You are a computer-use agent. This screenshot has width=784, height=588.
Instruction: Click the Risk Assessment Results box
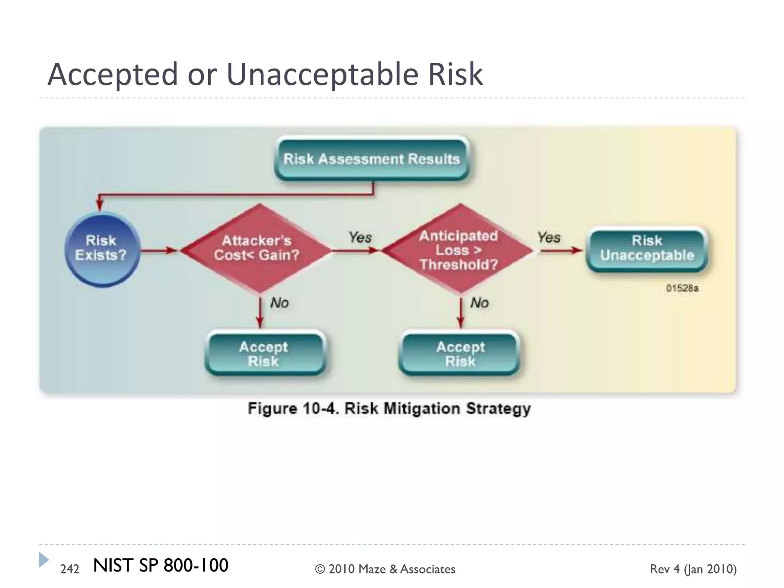[372, 158]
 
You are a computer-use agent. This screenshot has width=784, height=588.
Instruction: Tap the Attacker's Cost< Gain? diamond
[257, 248]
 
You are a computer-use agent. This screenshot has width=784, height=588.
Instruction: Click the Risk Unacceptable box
[647, 248]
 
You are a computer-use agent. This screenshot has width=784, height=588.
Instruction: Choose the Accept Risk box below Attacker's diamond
[264, 354]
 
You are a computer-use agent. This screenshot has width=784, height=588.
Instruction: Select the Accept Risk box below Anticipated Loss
[461, 354]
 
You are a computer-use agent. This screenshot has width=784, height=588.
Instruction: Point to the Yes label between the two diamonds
[360, 237]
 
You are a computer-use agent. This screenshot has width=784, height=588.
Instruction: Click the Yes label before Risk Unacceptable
[549, 237]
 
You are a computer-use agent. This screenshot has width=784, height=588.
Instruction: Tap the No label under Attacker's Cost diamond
[279, 303]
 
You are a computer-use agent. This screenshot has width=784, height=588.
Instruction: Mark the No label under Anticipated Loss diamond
[480, 303]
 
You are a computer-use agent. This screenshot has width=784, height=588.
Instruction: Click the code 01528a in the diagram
[682, 288]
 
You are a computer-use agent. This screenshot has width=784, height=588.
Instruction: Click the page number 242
[70, 569]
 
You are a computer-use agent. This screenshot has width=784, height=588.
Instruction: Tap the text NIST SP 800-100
[160, 565]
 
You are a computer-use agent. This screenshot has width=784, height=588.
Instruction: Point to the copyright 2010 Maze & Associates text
[385, 569]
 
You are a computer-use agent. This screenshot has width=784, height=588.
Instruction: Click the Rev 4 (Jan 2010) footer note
[693, 569]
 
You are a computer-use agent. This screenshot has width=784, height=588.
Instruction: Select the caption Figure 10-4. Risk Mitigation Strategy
[389, 408]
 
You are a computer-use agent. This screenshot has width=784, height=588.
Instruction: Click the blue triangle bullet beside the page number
[44, 560]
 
